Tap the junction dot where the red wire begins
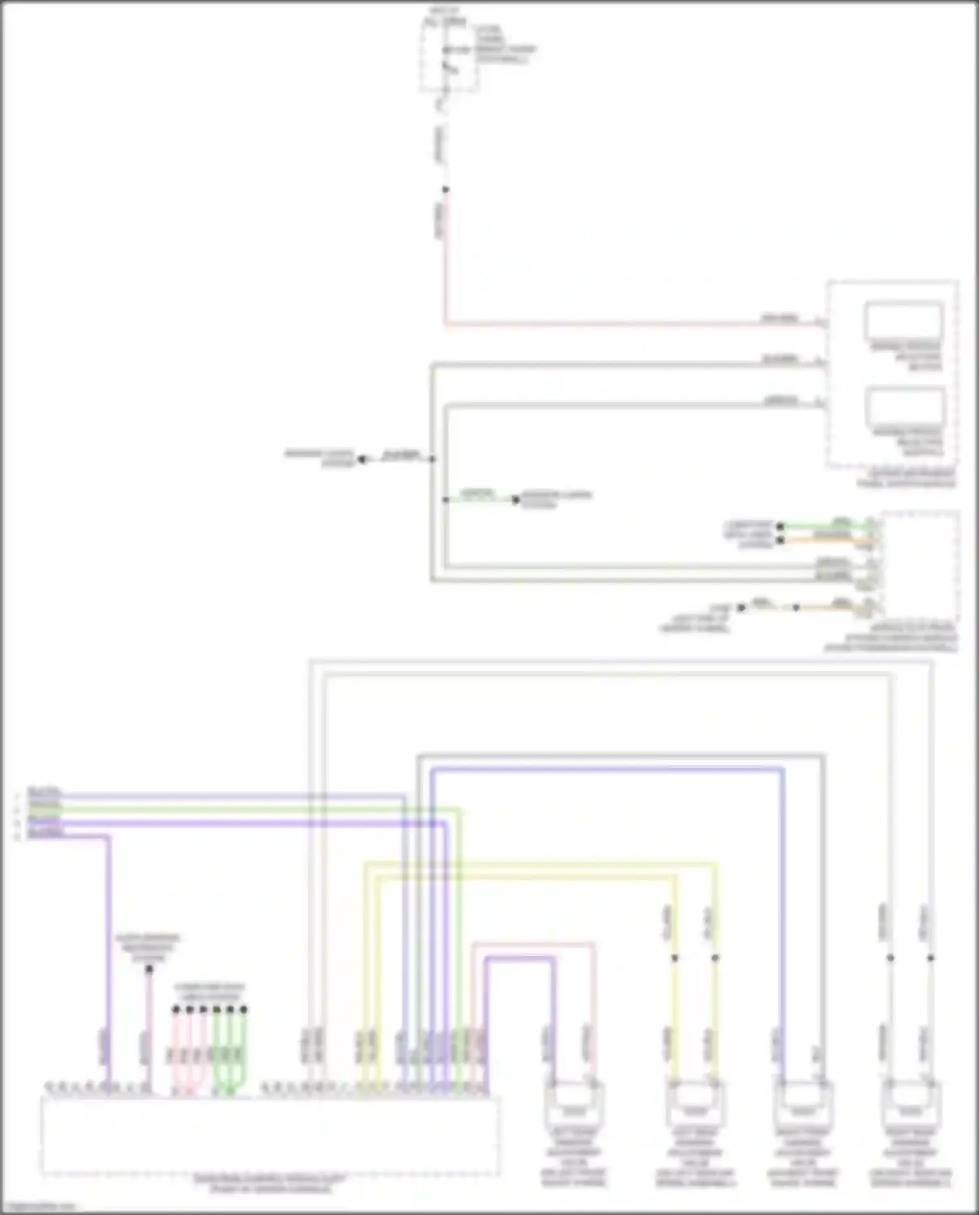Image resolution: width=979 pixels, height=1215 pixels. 446,190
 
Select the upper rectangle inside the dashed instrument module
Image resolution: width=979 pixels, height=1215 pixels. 904,321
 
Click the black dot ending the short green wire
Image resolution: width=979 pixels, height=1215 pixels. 516,500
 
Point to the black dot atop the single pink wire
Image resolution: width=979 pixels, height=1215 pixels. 149,970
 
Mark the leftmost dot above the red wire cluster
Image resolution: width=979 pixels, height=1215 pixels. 176,1010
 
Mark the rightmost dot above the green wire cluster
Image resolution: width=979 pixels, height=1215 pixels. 243,1010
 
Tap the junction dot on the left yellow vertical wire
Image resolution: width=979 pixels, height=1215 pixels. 675,958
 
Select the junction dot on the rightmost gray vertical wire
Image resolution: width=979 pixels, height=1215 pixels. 931,958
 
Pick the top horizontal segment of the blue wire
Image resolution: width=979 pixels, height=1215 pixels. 607,770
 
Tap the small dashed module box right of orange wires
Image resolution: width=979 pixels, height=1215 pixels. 920,568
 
